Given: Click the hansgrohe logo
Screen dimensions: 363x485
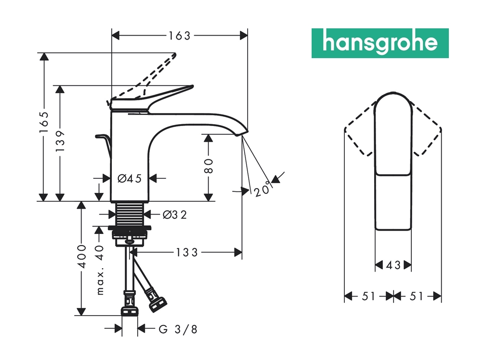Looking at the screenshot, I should pyautogui.click(x=380, y=43).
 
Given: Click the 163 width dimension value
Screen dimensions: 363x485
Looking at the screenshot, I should pyautogui.click(x=179, y=35).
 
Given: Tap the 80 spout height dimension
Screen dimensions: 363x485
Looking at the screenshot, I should pyautogui.click(x=209, y=167).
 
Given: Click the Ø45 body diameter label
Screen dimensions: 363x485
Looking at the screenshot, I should pyautogui.click(x=129, y=178).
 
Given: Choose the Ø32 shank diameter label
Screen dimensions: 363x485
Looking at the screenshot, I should pyautogui.click(x=174, y=214).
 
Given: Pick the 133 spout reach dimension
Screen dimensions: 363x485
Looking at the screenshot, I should pyautogui.click(x=187, y=252).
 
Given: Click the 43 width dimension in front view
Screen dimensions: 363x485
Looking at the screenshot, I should pyautogui.click(x=393, y=265).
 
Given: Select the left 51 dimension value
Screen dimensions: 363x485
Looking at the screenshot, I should pyautogui.click(x=369, y=296).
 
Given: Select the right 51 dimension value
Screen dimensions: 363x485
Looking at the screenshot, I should pyautogui.click(x=418, y=296).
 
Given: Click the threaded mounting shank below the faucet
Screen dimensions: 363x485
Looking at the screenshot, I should pyautogui.click(x=129, y=214).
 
